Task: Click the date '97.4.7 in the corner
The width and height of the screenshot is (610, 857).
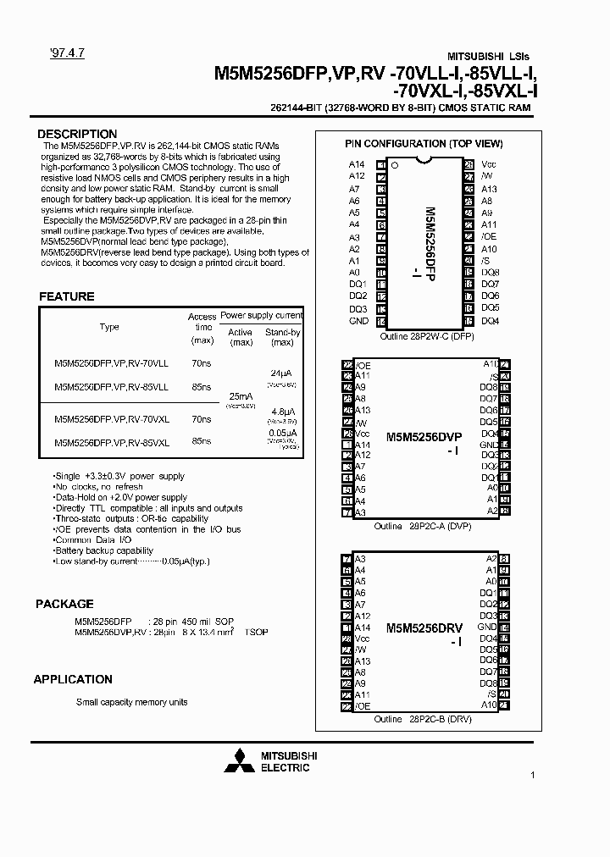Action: pos(55,53)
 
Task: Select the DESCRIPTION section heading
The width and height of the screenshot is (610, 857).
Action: pos(77,134)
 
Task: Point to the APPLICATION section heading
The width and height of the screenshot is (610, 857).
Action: pos(73,679)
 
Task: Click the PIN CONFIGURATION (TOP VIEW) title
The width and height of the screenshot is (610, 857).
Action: pos(424,144)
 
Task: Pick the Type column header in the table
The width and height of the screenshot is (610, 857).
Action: pos(109,327)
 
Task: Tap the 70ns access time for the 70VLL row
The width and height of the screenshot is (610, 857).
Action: pos(202,363)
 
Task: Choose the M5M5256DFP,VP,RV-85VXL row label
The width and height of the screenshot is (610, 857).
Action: pos(112,442)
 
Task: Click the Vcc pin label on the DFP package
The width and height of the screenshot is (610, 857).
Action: pos(489,164)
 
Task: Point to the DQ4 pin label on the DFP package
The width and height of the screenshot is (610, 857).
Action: pos(490,321)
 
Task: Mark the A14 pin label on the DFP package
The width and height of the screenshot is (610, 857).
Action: pos(356,164)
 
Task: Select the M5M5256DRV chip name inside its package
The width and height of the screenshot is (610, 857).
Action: pos(424,628)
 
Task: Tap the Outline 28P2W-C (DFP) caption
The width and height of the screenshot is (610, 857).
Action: pos(424,336)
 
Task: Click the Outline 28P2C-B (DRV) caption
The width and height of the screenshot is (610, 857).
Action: pos(423,719)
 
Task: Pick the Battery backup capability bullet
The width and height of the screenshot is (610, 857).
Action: pos(105,550)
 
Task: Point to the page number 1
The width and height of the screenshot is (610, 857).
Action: pos(532,775)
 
